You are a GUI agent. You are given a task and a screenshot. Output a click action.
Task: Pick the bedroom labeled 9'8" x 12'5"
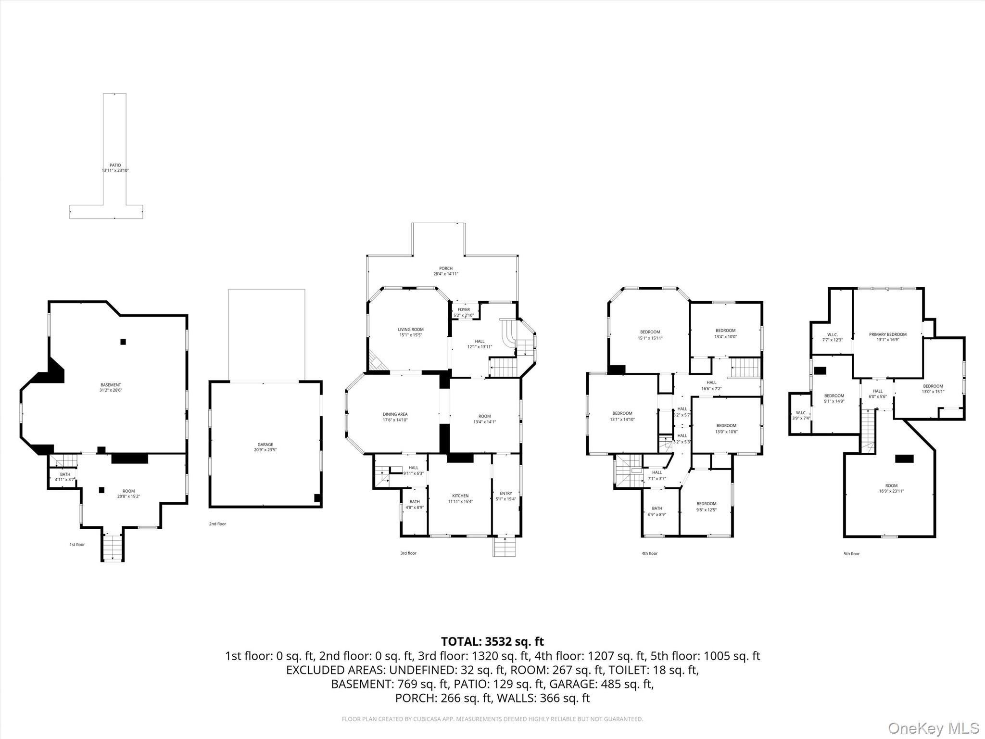(706, 507)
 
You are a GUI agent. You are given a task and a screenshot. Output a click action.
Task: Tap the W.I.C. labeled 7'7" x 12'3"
(832, 337)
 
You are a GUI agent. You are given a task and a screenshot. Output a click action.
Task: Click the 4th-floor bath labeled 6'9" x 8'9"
(657, 511)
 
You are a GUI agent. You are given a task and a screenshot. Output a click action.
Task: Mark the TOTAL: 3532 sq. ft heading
(492, 641)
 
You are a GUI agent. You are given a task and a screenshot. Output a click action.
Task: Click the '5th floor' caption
(851, 554)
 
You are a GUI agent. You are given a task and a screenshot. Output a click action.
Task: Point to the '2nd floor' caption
(217, 524)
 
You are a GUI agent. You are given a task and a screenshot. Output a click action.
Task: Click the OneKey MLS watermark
(934, 728)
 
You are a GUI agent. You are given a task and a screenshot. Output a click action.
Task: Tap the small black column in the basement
(123, 342)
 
